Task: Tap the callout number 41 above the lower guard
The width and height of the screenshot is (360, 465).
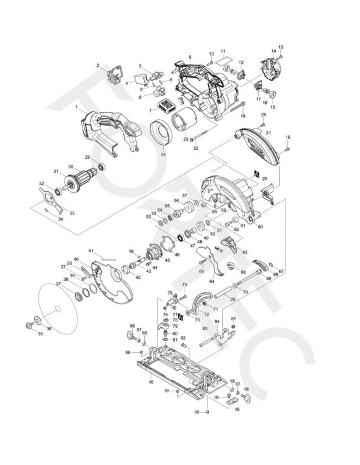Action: click(91, 251)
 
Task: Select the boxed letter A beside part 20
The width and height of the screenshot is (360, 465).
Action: click(256, 173)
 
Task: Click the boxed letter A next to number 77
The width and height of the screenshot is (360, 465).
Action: click(181, 319)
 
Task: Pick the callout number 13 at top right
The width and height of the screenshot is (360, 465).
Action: click(280, 46)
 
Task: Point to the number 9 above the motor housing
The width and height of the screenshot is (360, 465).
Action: click(190, 56)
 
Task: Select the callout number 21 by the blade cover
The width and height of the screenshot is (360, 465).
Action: click(269, 133)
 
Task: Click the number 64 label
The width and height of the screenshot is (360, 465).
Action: click(212, 281)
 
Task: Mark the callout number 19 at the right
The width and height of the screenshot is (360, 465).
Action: click(287, 137)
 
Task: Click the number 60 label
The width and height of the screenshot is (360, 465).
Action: click(260, 226)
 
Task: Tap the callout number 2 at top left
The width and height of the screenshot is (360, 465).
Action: click(98, 65)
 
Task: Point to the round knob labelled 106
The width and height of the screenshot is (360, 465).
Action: click(246, 397)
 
